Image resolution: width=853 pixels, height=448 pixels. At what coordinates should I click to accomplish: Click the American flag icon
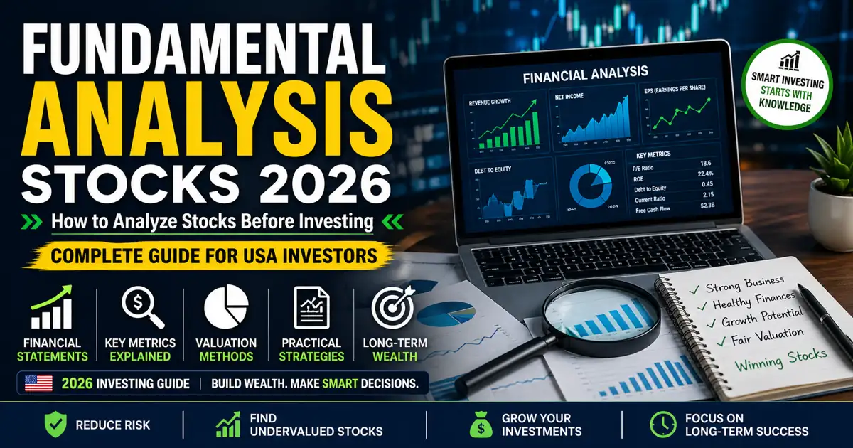pyautogui.click(x=38, y=383)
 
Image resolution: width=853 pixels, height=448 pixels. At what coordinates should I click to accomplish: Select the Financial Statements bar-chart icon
pyautogui.click(x=53, y=309)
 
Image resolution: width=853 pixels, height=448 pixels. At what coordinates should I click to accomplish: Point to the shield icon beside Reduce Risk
pyautogui.click(x=55, y=425)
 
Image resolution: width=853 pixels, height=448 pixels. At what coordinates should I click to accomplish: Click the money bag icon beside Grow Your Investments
pyautogui.click(x=481, y=425)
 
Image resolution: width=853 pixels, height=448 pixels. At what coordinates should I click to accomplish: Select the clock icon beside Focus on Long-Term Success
pyautogui.click(x=663, y=425)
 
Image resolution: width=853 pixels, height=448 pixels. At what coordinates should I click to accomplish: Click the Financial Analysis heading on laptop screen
pyautogui.click(x=585, y=73)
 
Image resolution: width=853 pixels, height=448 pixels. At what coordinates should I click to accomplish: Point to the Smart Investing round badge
pyautogui.click(x=788, y=84)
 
